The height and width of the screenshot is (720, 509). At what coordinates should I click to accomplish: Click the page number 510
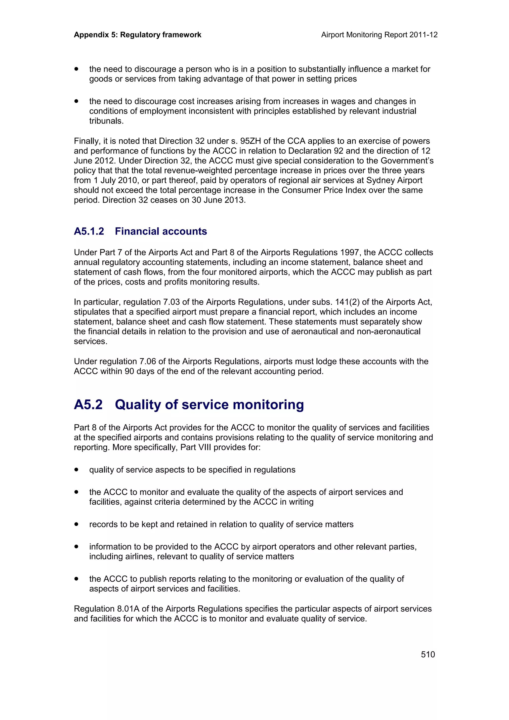(x=428, y=654)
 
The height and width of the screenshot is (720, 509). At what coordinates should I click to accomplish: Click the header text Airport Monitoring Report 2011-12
(x=379, y=35)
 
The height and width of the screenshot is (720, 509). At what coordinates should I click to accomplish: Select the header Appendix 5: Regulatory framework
(x=137, y=35)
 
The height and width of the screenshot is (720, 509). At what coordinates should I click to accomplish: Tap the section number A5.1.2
(x=89, y=232)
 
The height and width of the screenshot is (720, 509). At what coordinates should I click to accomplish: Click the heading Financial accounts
(x=161, y=232)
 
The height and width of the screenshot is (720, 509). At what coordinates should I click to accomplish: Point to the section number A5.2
(x=88, y=404)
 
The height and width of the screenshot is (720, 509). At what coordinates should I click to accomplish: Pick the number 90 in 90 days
(x=129, y=371)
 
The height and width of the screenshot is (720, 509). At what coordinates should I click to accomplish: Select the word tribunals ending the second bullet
(x=106, y=121)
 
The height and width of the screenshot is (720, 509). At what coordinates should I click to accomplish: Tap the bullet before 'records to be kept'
(x=76, y=524)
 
